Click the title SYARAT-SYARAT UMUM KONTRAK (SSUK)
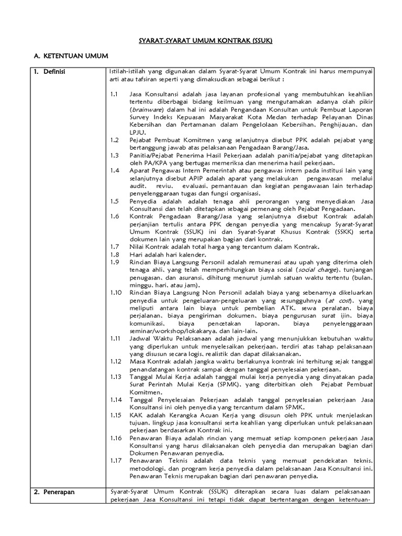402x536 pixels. pyautogui.click(x=201, y=40)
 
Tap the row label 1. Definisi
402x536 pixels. pyautogui.click(x=50, y=71)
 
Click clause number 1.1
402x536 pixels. pyautogui.click(x=115, y=94)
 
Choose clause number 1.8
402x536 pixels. pyautogui.click(x=115, y=254)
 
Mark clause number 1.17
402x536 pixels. pyautogui.click(x=116, y=460)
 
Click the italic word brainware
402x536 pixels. pyautogui.click(x=147, y=110)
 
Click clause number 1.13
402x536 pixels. pyautogui.click(x=116, y=377)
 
